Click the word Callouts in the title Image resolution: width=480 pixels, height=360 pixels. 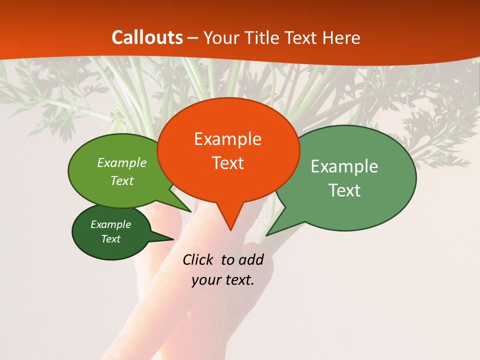coord(147,37)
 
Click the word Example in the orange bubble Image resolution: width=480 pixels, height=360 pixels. coord(227,139)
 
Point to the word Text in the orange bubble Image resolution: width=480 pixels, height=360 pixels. coord(227,163)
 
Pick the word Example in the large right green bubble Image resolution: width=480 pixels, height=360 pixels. coord(344,166)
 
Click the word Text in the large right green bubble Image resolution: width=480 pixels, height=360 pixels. coord(344,190)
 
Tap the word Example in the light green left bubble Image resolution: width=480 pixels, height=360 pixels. coord(121,162)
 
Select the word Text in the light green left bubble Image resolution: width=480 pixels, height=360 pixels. coord(121,180)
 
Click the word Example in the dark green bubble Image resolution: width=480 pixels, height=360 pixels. coord(110,224)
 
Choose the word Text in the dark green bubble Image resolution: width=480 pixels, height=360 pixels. coord(110,239)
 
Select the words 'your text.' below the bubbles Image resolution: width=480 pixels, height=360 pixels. coord(223,280)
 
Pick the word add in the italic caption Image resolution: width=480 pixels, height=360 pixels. coord(250,259)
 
